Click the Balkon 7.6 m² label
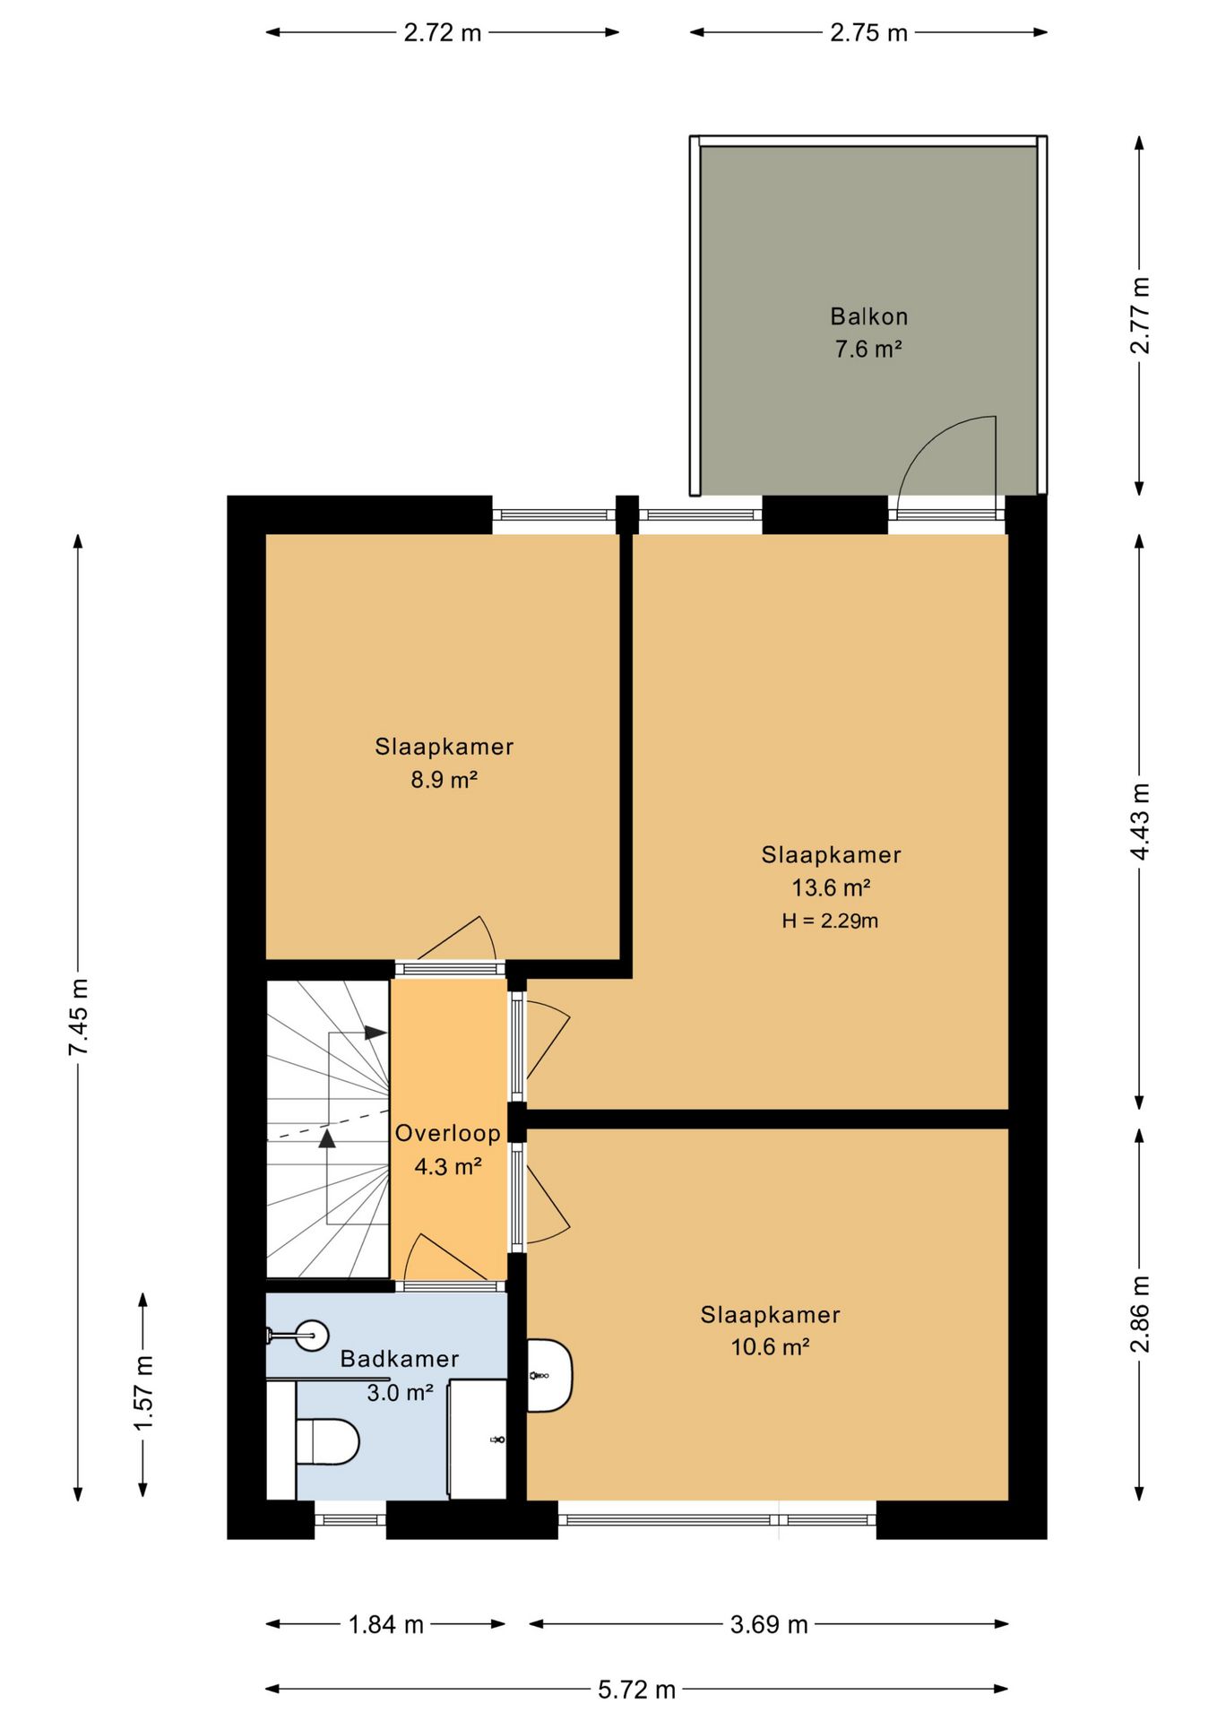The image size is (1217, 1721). (x=867, y=333)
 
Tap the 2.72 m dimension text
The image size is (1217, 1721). (x=442, y=33)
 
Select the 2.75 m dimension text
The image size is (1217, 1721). (x=868, y=33)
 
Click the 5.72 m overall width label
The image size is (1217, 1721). (x=636, y=1690)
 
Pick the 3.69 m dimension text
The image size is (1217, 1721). (x=769, y=1624)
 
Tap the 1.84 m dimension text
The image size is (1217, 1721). (x=385, y=1624)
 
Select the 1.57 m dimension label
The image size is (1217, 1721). (x=143, y=1394)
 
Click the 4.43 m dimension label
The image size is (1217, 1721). (x=1139, y=821)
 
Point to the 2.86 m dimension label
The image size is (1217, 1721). (x=1139, y=1314)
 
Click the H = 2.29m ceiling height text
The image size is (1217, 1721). (x=830, y=921)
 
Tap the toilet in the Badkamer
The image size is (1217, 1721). (x=327, y=1441)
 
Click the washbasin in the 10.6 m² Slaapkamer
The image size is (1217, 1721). (x=548, y=1375)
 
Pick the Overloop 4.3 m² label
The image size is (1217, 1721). (x=448, y=1149)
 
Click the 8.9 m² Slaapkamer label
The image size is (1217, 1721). (x=444, y=763)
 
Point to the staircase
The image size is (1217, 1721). (x=328, y=1129)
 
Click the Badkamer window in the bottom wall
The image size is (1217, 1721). (x=350, y=1519)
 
